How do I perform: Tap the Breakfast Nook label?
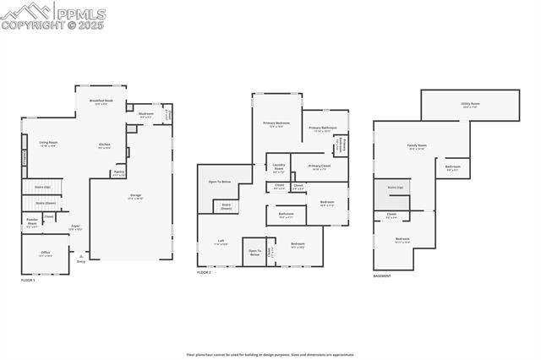[101, 101]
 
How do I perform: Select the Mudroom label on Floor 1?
[145, 115]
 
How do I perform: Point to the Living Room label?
[49, 144]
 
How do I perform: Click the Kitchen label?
[105, 145]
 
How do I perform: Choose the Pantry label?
[118, 173]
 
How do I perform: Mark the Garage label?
[135, 196]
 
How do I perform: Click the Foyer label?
[75, 226]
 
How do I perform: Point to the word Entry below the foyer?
[81, 262]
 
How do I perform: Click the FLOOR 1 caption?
[28, 280]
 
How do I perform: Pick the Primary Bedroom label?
[276, 124]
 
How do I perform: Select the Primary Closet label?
[319, 167]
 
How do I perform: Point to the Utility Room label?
[470, 105]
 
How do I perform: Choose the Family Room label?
[417, 146]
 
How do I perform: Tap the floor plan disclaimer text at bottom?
[270, 355]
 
